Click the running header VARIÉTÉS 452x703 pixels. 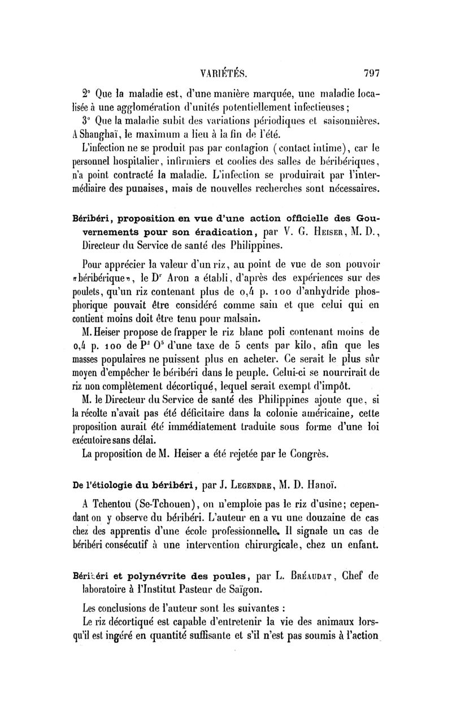pyautogui.click(x=225, y=73)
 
